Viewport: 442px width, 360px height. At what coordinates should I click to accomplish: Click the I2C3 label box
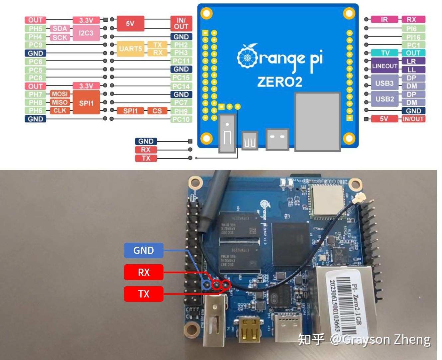click(86, 33)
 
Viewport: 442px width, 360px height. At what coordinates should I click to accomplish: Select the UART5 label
click(131, 49)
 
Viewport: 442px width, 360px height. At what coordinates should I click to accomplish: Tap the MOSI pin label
click(60, 94)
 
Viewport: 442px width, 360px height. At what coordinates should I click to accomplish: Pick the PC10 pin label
click(181, 119)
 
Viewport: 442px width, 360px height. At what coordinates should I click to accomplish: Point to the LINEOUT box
click(385, 66)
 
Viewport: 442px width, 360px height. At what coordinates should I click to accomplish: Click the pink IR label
click(384, 20)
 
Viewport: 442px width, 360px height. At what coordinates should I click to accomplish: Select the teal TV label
click(385, 53)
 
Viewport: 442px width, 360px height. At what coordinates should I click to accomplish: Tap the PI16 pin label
click(413, 37)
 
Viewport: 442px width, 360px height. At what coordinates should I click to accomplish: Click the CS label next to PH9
click(157, 111)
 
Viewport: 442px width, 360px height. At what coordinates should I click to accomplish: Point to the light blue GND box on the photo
click(144, 250)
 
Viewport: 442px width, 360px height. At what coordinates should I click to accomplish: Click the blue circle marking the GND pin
click(207, 285)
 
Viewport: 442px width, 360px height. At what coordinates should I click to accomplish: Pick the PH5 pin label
click(36, 29)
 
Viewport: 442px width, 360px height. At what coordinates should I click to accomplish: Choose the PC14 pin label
click(181, 86)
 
